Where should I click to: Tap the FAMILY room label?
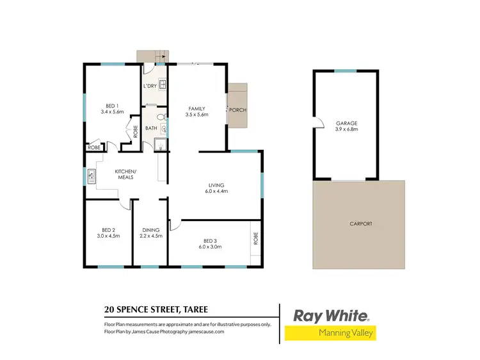point(196,108)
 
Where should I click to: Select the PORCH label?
point(237,110)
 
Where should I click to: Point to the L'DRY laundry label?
point(150,86)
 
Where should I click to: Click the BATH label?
point(151,128)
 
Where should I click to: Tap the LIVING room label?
point(214,185)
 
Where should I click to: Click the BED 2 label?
point(108,229)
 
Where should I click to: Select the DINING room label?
point(150,229)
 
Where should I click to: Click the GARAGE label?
point(346,122)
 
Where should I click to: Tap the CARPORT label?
point(361,224)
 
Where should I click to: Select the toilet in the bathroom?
point(163,117)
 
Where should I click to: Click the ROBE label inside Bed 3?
point(255,238)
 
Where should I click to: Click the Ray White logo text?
point(330,315)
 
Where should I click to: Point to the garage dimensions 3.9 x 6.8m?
point(346,129)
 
